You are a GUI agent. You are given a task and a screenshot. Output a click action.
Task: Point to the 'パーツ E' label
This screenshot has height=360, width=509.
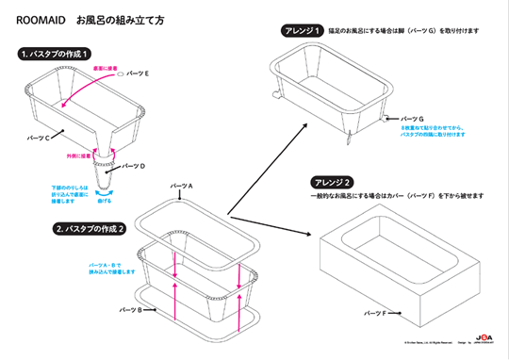pos(138,73)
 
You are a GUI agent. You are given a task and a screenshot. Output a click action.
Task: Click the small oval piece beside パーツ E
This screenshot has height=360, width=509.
pos(116,74)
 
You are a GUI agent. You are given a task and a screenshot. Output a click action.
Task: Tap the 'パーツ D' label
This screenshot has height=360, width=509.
pos(135,165)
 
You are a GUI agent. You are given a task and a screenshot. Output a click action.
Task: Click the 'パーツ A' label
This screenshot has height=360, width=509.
pos(178,187)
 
